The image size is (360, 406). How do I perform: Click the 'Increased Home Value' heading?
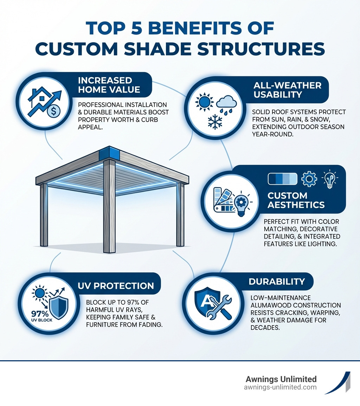point(109,85)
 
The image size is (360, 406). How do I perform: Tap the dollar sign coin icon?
point(55,111)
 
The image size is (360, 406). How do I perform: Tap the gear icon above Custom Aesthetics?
point(309,179)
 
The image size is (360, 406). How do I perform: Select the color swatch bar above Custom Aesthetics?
point(283,179)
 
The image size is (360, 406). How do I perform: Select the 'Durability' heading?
point(276,281)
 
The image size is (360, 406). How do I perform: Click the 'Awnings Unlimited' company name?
point(281,379)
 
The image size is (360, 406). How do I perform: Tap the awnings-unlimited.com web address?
point(280,387)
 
